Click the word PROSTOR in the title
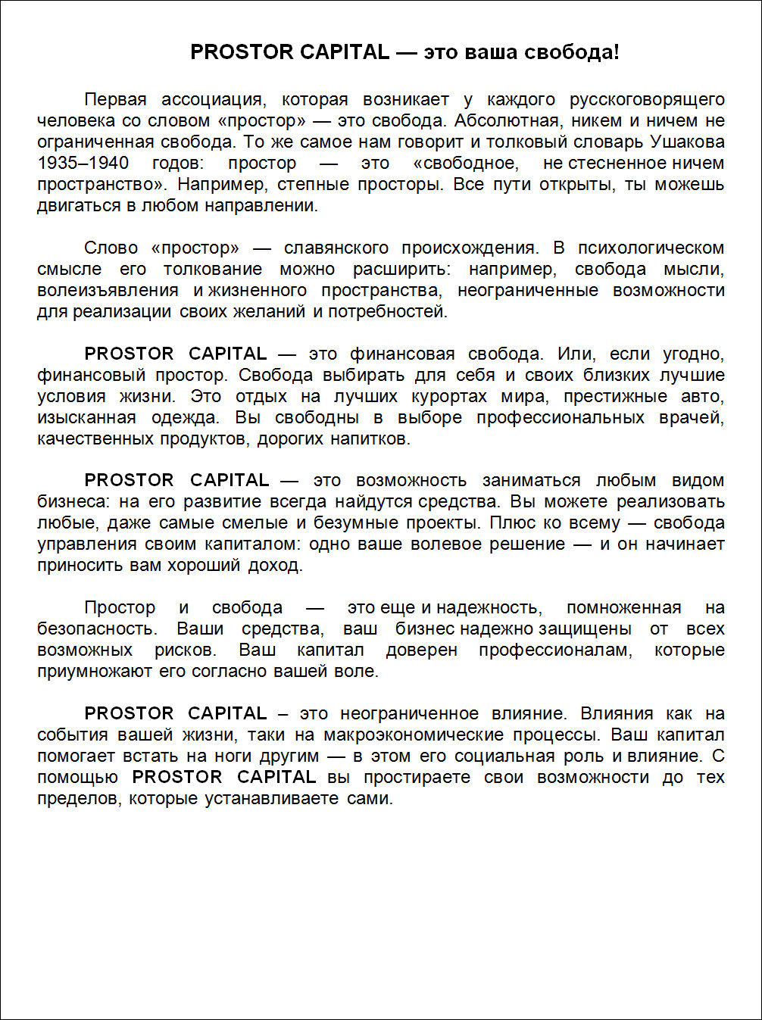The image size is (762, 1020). (x=241, y=52)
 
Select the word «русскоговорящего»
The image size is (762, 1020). (x=647, y=99)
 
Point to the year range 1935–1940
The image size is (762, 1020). (x=83, y=163)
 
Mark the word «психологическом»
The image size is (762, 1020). (x=651, y=248)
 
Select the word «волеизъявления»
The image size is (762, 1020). (x=108, y=290)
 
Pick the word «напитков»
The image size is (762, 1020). (x=375, y=438)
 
